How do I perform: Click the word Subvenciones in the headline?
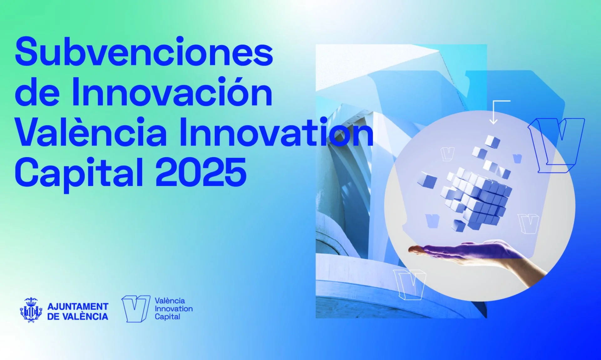coord(144,52)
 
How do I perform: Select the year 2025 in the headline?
coord(201,172)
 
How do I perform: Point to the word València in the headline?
coord(91,131)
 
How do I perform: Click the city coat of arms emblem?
coord(31,310)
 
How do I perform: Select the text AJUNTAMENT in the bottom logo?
coord(78,306)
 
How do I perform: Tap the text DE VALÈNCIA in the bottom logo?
coord(78,316)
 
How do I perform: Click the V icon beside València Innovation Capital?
coord(136,309)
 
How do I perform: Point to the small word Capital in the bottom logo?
coord(167,317)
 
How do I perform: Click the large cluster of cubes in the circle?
coord(476,197)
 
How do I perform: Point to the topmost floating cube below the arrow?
coord(492,141)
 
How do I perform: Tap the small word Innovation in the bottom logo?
coord(174,309)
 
